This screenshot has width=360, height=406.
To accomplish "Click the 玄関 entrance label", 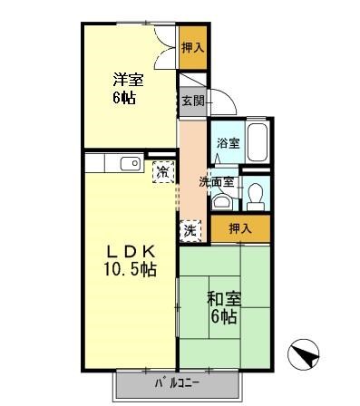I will point(191,101).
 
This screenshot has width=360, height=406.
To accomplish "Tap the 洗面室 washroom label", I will point(218,181).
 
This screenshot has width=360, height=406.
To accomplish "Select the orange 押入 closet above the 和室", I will point(239,229).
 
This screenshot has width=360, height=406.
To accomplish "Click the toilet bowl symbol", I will point(256,194).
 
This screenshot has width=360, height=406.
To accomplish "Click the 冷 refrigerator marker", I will point(162,171).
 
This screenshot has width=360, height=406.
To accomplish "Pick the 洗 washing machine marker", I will point(190,230).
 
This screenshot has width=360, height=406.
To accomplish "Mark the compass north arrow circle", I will point(303,353).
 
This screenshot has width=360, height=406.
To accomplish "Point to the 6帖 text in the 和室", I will point(223,316).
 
